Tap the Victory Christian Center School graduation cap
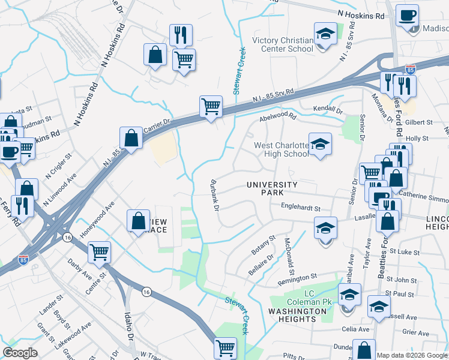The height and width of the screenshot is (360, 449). coord(325,35)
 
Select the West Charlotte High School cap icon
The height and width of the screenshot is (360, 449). coord(320,144)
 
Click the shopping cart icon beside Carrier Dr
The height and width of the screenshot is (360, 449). coord(211,107)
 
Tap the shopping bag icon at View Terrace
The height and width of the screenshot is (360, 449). coord(139,220)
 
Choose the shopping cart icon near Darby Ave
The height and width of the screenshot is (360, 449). coord(99,252)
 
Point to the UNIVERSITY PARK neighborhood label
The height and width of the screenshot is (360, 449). coord(272,188)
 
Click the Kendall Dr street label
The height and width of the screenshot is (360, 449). coord(328,111)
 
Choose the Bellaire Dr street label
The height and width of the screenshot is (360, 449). coord(261,265)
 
